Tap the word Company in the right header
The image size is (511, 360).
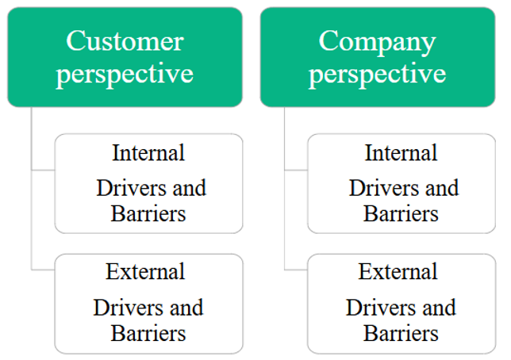377,43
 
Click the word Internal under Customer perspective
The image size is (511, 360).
148,152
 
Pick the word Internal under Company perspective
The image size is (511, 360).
401,152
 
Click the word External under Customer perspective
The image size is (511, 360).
145,271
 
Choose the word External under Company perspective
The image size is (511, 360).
398,271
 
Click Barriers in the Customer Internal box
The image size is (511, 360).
148,214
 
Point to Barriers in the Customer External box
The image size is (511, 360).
148,333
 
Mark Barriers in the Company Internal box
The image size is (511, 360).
401,214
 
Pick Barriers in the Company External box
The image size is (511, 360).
401,333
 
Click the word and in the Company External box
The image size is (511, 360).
440,307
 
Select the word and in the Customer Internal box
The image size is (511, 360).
190,188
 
